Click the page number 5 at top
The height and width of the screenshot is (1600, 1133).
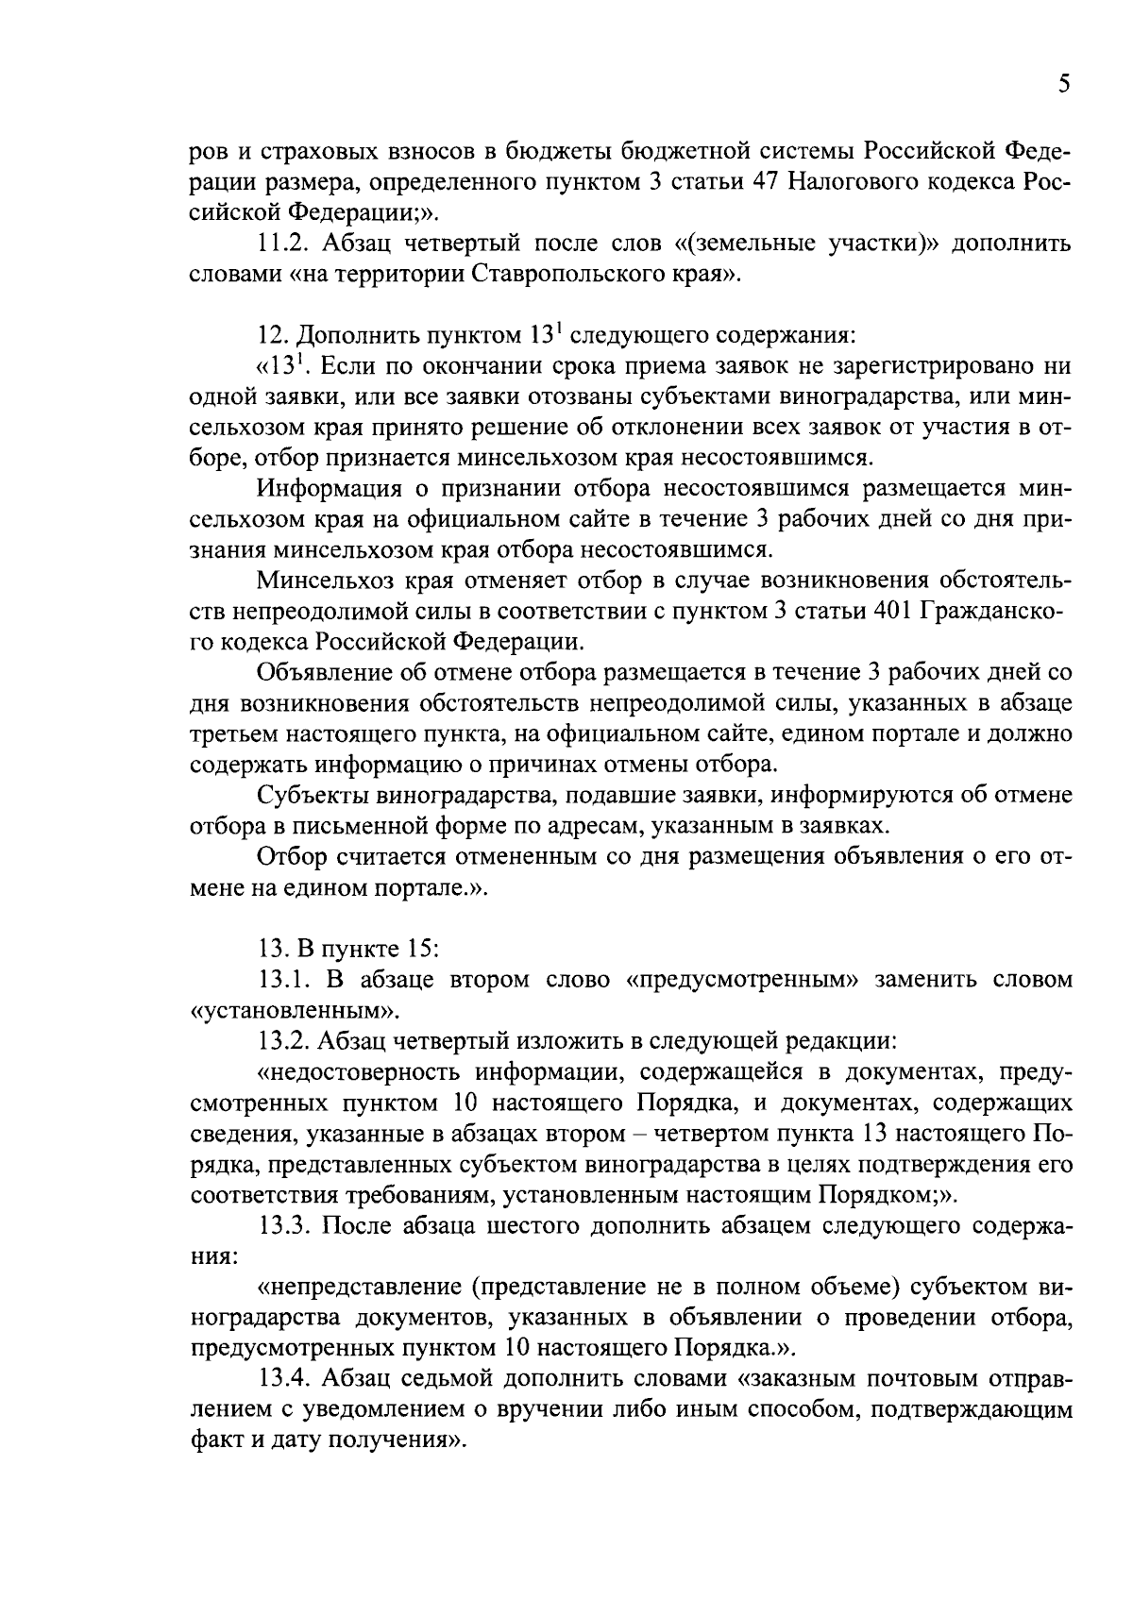1063,86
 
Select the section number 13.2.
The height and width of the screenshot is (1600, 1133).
282,1041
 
